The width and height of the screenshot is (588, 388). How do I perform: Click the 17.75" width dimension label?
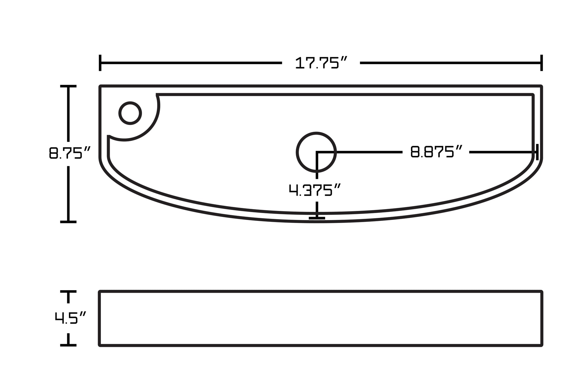(321, 63)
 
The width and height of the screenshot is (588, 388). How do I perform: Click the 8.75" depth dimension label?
(69, 153)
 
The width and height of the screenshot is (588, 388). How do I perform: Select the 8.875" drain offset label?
(436, 152)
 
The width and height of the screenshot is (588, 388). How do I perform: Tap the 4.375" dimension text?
(315, 190)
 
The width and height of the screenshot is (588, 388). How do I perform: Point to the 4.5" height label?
(70, 318)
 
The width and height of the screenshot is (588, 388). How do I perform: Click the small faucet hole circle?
(130, 113)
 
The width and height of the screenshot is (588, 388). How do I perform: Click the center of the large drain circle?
(316, 152)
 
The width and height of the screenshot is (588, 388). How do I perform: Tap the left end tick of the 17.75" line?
(100, 63)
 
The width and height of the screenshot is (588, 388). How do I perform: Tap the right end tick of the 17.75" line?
(541, 63)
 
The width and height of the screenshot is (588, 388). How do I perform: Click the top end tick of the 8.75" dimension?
(68, 86)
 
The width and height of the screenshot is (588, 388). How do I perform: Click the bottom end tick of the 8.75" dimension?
(68, 222)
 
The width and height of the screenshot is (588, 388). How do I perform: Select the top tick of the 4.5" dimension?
(68, 292)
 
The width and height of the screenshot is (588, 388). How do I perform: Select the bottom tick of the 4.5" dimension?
(68, 345)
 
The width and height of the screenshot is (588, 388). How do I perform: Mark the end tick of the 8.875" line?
(537, 152)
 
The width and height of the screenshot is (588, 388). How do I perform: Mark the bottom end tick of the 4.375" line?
(317, 218)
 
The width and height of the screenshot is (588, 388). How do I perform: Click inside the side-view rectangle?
(321, 318)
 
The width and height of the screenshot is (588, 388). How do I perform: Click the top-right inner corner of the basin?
(532, 95)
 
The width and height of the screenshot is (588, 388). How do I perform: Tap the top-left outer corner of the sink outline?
(100, 86)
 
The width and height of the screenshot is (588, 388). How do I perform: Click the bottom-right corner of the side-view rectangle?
(542, 345)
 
